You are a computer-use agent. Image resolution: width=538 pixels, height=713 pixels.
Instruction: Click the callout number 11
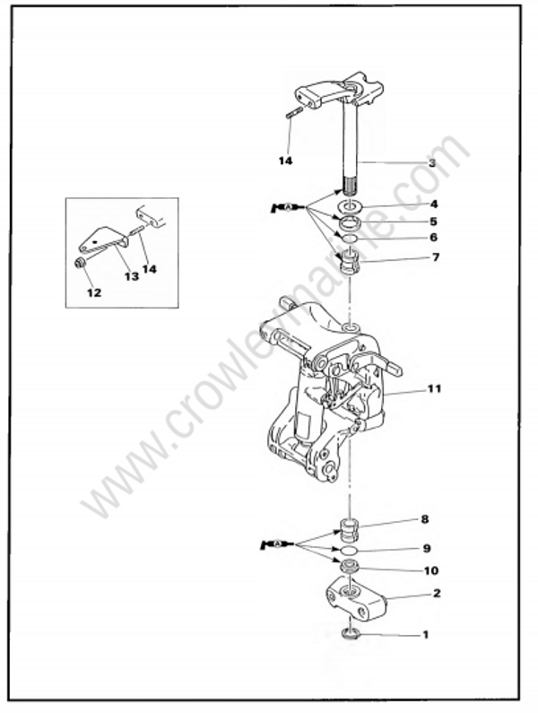434,390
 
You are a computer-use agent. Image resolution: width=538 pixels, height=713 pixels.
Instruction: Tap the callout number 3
431,163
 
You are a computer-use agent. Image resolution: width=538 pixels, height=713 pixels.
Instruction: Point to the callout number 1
425,635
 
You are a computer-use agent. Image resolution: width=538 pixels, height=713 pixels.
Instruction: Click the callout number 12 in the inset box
94,292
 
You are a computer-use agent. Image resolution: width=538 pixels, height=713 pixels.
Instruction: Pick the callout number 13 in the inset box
131,277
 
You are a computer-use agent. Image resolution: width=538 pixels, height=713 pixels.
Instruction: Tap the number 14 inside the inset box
149,268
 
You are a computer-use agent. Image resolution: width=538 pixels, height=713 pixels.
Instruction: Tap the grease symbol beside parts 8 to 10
273,543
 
